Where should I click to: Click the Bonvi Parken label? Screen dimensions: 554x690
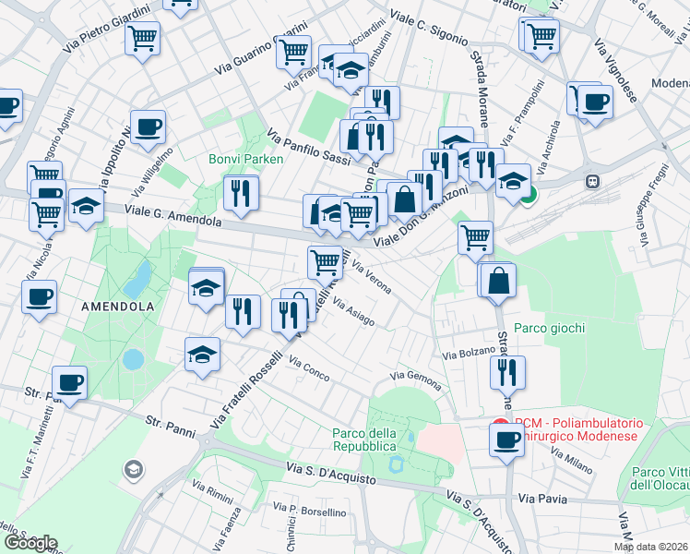pyautogui.click(x=245, y=159)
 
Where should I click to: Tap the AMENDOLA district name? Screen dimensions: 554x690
pyautogui.click(x=116, y=306)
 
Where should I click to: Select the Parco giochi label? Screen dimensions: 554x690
pyautogui.click(x=550, y=328)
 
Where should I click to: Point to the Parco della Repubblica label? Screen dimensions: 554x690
pyautogui.click(x=365, y=440)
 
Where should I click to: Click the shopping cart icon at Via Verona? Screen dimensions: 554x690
pyautogui.click(x=324, y=262)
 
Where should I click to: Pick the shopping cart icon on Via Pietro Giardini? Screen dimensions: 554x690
pyautogui.click(x=144, y=39)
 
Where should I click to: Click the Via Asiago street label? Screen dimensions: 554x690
pyautogui.click(x=353, y=311)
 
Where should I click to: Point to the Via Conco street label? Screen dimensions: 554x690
pyautogui.click(x=309, y=368)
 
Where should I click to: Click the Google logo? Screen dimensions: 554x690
pyautogui.click(x=30, y=543)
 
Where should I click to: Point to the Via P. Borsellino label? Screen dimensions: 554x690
pyautogui.click(x=309, y=510)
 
